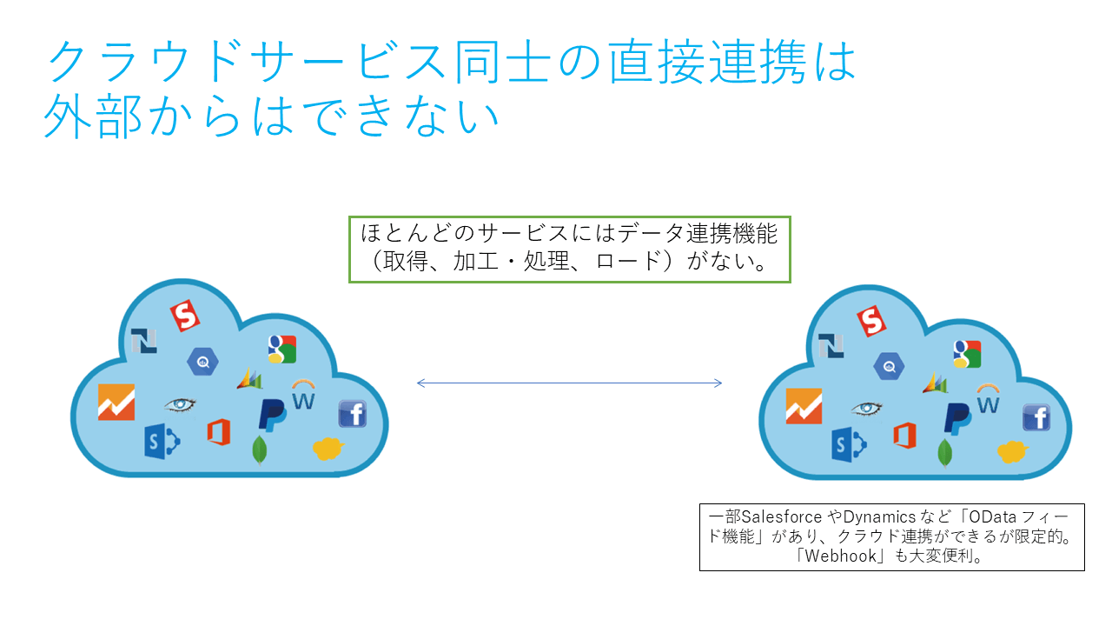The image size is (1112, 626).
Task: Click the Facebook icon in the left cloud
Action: coord(352,414)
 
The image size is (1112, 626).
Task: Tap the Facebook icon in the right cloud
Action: coord(1036,417)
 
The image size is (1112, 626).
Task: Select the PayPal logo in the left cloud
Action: coord(272,414)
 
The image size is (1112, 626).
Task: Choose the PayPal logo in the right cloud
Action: coord(957,418)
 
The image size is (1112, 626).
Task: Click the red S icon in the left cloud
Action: coord(184,315)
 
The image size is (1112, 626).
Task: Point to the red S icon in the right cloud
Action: coord(871,321)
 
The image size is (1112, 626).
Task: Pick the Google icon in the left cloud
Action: coord(282,349)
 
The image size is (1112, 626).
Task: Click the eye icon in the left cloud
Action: coord(180,404)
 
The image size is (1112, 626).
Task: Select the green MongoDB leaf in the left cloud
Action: coord(259,450)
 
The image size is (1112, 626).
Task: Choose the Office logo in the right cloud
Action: coord(904,434)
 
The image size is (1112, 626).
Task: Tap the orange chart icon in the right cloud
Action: coord(804,406)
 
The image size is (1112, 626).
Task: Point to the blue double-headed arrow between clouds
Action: coord(570,383)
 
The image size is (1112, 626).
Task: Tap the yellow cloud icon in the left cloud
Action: coord(328,448)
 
